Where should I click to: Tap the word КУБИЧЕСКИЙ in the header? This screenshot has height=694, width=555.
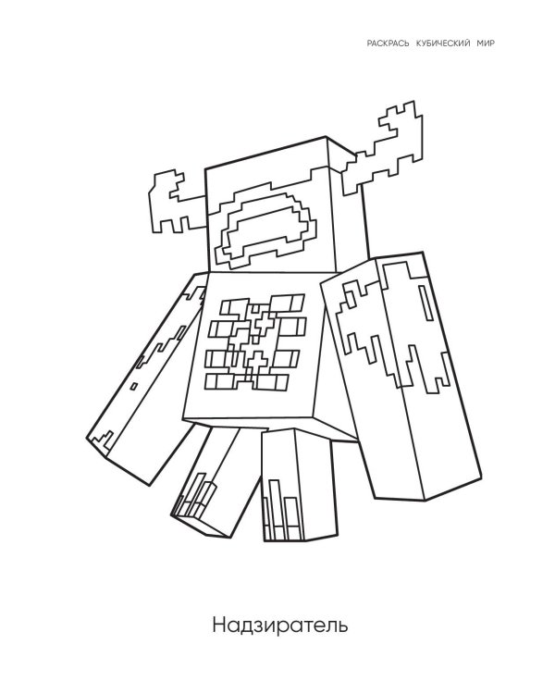coord(433,43)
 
